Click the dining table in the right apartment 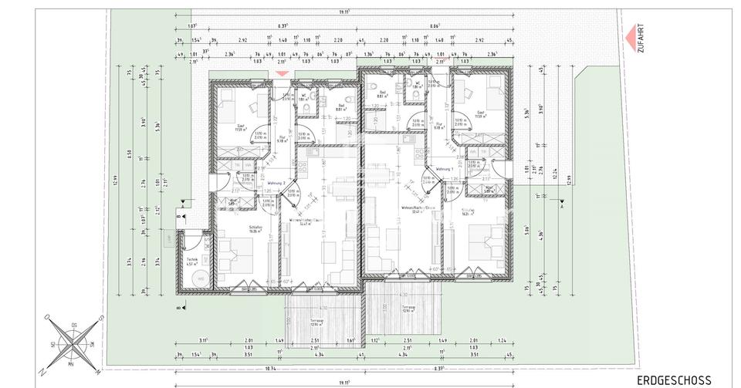coord(381,177)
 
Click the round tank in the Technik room coord(200,279)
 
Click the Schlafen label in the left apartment coord(256,228)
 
